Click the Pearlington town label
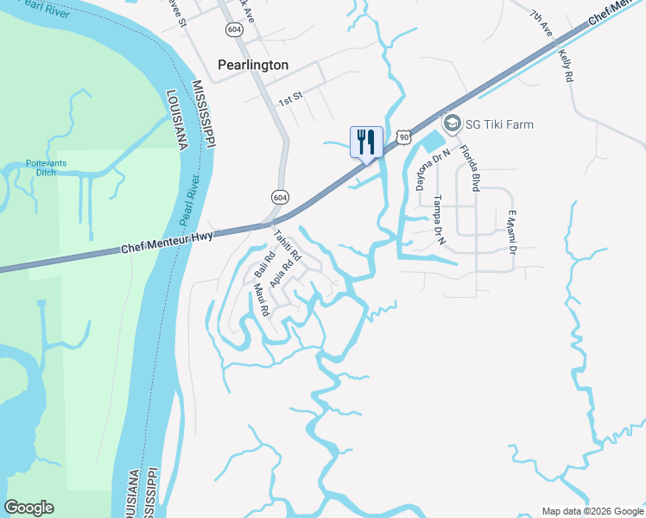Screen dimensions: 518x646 click(252, 65)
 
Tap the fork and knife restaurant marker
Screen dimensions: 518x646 click(366, 142)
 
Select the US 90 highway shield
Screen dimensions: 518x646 click(404, 136)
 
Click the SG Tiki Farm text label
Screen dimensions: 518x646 click(499, 124)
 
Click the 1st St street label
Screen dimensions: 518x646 click(288, 101)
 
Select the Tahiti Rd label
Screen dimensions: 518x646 click(286, 245)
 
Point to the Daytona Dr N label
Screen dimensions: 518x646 click(421, 170)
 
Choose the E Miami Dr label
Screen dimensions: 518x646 click(511, 233)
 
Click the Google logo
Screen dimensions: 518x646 click(29, 508)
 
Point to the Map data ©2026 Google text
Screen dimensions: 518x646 click(593, 511)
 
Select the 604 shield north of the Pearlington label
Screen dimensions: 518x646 click(234, 29)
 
